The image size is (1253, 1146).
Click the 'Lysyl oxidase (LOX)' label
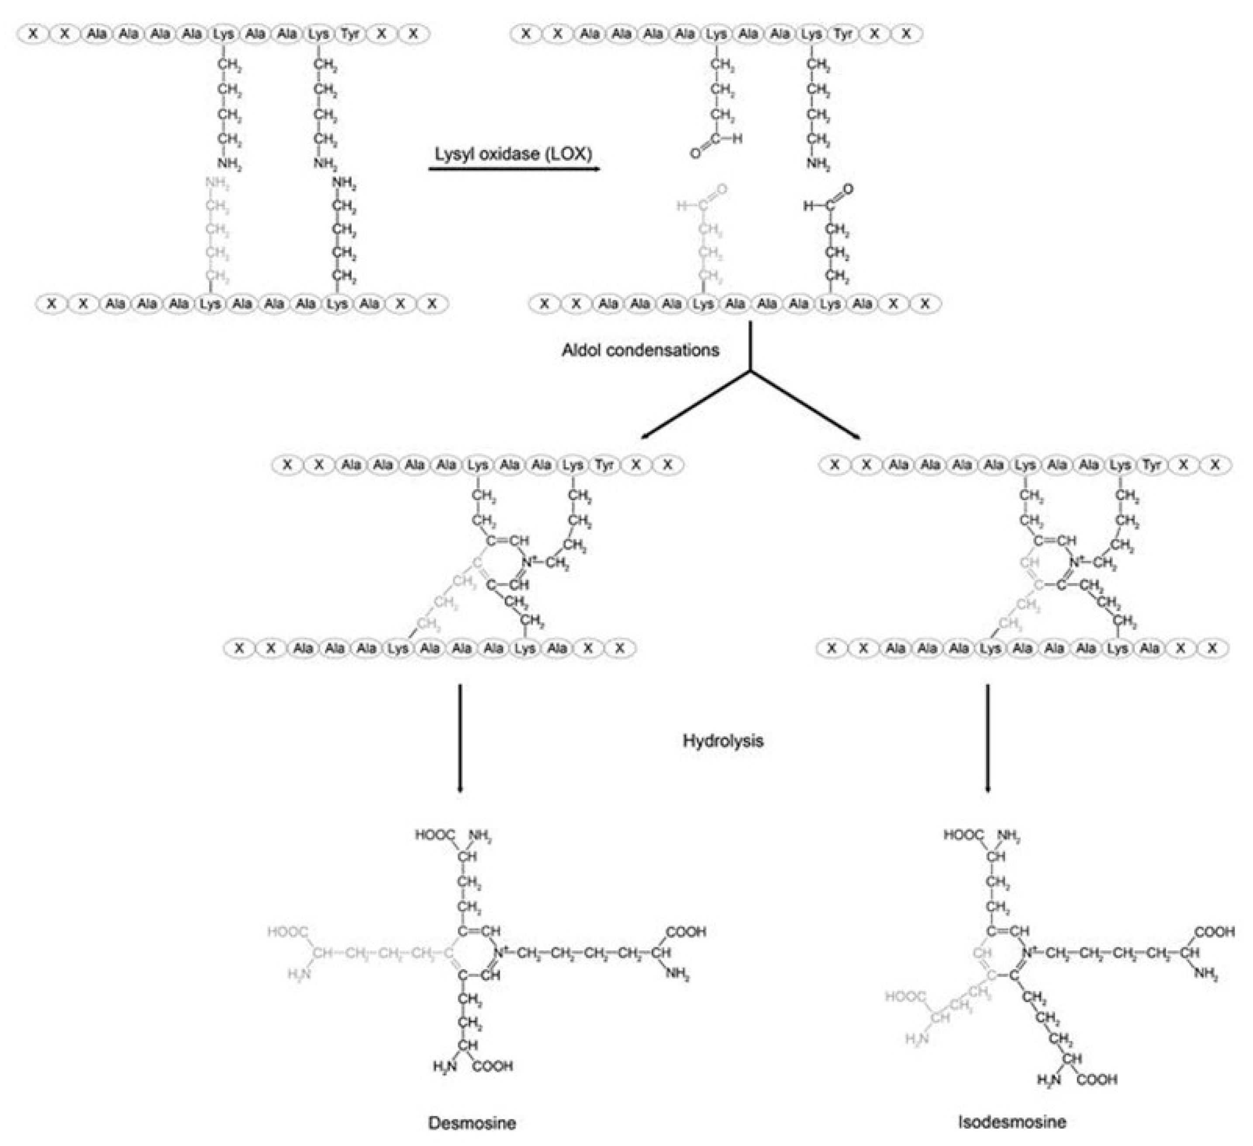513,153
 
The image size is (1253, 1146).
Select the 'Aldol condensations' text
640,350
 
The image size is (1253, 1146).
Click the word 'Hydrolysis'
722,741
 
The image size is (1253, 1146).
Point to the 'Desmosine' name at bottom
472,1123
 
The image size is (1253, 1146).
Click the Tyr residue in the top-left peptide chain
350,34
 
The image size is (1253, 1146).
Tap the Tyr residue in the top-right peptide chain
843,34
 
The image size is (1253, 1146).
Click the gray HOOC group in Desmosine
287,931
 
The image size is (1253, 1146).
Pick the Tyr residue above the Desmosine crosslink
604,465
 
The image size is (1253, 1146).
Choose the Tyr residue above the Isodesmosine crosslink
1152,465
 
